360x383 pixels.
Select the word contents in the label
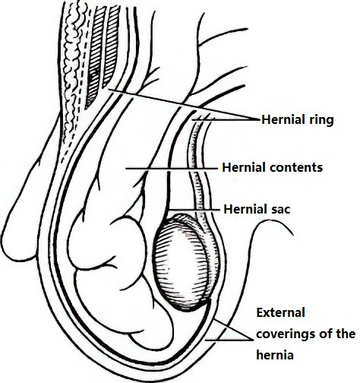(293, 167)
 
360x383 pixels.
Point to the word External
(281, 312)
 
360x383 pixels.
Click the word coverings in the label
(285, 334)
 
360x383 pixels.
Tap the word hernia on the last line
(275, 354)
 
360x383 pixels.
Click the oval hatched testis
(182, 264)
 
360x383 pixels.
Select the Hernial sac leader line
(194, 210)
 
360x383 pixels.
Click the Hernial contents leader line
(172, 168)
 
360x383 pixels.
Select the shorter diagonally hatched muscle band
(112, 46)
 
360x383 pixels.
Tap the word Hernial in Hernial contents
(241, 167)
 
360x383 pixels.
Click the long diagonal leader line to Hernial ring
(185, 104)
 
